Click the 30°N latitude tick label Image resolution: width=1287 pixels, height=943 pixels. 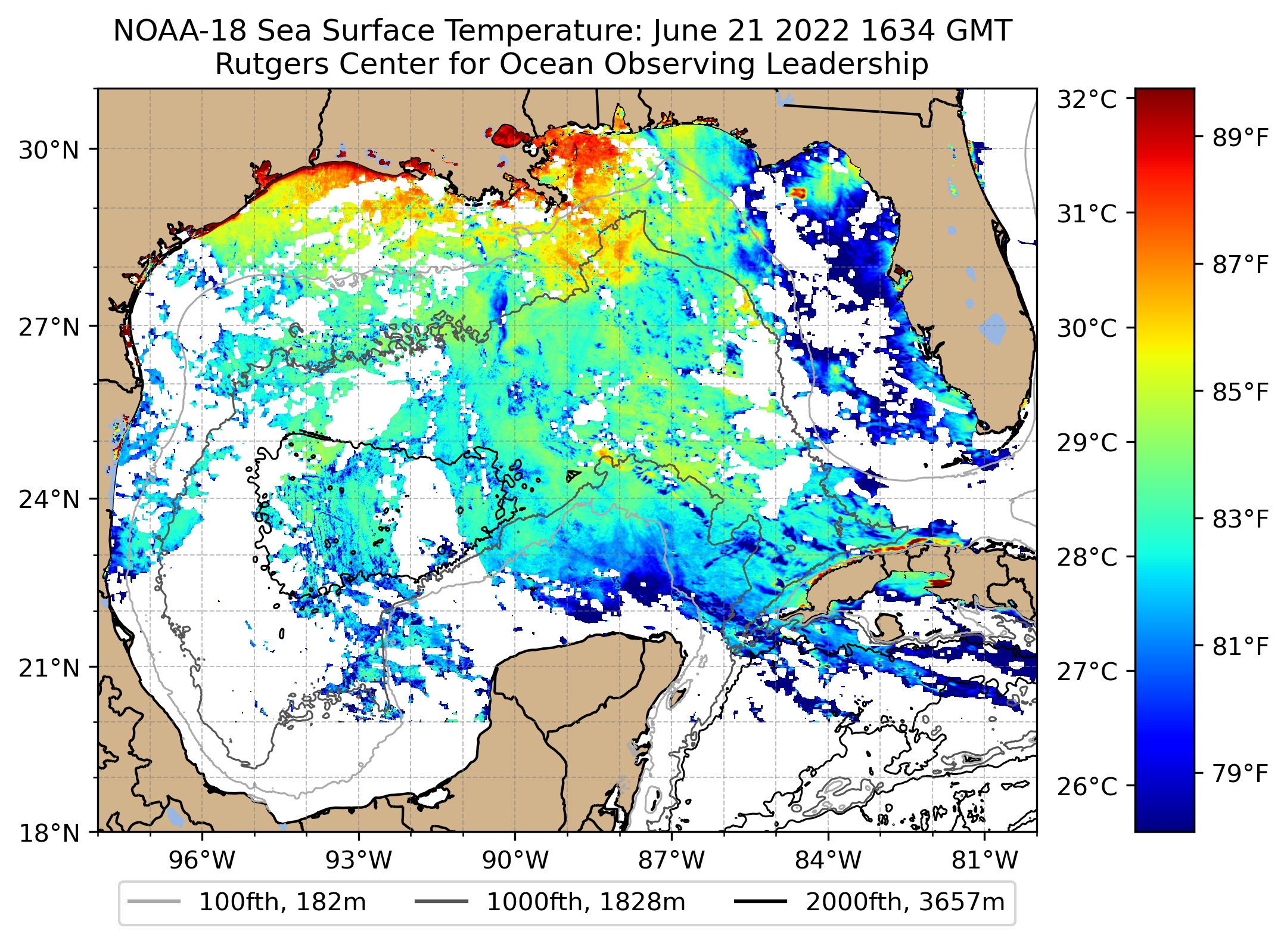pyautogui.click(x=49, y=150)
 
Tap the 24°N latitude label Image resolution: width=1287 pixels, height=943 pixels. pyautogui.click(x=49, y=500)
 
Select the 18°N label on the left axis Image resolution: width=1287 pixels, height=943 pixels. pyautogui.click(x=49, y=833)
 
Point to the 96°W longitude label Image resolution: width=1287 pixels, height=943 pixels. pyautogui.click(x=202, y=861)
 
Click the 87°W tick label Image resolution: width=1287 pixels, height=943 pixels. pyautogui.click(x=672, y=861)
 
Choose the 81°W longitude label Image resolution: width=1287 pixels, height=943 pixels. pyautogui.click(x=985, y=861)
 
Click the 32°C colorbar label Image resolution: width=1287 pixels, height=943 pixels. pyautogui.click(x=1087, y=100)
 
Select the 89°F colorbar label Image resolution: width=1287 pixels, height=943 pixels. pyautogui.click(x=1241, y=138)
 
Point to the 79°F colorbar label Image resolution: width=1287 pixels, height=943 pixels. pyautogui.click(x=1241, y=774)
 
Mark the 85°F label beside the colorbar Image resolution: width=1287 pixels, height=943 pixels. pyautogui.click(x=1241, y=392)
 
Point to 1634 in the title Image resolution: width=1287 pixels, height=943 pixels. pyautogui.click(x=894, y=31)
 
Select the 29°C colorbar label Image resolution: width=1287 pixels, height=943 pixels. pyautogui.click(x=1087, y=443)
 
